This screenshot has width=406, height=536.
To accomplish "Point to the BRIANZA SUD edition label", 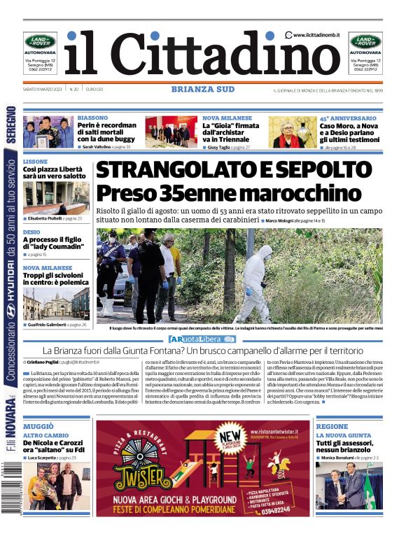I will (x=202, y=90).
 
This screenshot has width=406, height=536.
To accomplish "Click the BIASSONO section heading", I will (x=92, y=118).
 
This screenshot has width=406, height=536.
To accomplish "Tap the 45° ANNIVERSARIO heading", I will (x=348, y=118).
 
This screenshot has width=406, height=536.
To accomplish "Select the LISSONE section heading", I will (x=36, y=162).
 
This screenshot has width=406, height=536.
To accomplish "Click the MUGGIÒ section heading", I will (x=38, y=426).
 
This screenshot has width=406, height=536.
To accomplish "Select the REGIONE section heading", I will (x=332, y=426).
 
